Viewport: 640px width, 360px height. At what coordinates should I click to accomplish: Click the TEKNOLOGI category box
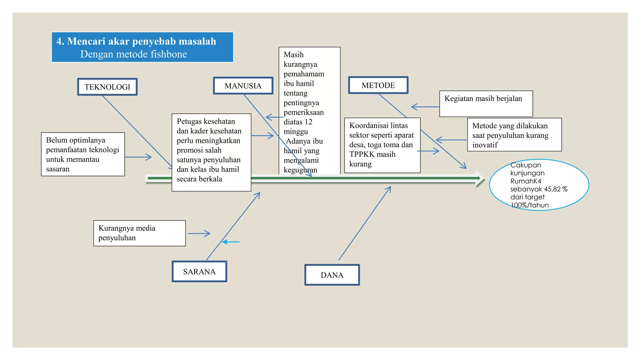[x=107, y=87]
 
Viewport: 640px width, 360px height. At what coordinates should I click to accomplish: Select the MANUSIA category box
[x=243, y=86]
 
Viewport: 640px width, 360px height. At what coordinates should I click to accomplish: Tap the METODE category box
[x=378, y=85]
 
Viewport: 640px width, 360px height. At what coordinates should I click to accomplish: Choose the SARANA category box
[x=199, y=272]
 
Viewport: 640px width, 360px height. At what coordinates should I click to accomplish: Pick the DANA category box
[x=332, y=275]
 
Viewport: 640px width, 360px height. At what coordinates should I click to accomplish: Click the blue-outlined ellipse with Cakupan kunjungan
[x=539, y=185]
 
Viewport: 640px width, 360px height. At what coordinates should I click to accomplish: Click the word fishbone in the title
[x=169, y=54]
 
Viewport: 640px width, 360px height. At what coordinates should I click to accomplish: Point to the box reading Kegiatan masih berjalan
[x=486, y=104]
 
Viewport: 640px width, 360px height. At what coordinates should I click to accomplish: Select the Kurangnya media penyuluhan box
[x=139, y=233]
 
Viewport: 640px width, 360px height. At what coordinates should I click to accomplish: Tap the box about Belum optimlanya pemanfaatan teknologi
[x=83, y=154]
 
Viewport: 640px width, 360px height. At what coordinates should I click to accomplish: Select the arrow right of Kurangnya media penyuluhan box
[x=199, y=233]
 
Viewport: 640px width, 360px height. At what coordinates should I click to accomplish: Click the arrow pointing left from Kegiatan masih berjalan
[x=425, y=107]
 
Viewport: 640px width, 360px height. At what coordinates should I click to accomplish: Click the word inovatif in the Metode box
[x=485, y=145]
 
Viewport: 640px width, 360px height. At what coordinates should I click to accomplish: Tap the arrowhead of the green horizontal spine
[x=480, y=178]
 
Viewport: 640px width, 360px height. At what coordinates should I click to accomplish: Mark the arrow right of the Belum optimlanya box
[x=138, y=157]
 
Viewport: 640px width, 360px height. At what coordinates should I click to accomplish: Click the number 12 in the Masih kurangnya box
[x=308, y=122]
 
